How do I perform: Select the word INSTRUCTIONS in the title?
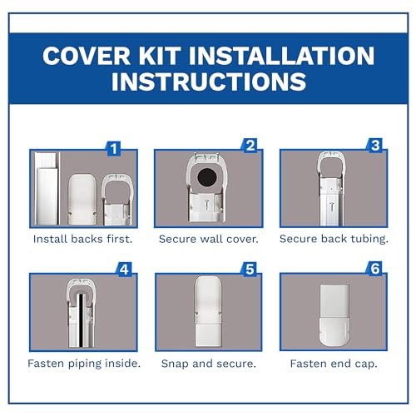[207, 83]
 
